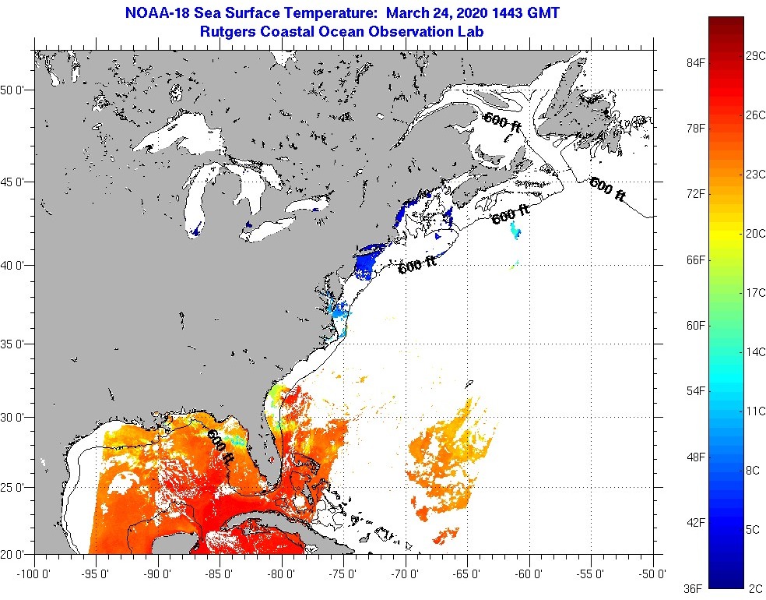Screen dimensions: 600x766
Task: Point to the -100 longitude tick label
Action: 32,574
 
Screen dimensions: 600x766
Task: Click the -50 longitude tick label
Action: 654,574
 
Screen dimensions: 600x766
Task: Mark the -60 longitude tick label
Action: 530,574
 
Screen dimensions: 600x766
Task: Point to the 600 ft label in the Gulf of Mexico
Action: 220,446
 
